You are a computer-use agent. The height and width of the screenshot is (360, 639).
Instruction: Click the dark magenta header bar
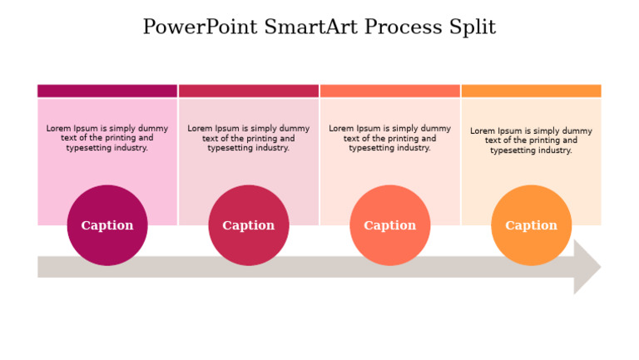(107, 91)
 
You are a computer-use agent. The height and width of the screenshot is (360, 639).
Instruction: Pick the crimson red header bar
(249, 91)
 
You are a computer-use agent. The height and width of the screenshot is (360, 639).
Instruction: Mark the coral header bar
(390, 91)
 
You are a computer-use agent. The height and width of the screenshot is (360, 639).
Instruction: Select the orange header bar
(532, 91)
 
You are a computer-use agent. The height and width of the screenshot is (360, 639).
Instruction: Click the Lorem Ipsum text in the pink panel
(107, 138)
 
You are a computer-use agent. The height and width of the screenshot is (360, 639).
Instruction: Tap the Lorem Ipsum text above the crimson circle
(249, 138)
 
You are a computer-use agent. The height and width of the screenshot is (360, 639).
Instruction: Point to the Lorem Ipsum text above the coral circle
(390, 138)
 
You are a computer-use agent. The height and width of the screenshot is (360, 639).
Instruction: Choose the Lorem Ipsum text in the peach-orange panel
(532, 141)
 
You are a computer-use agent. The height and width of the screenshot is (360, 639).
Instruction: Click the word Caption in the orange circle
(532, 225)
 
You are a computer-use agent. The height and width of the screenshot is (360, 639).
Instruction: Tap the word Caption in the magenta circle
(107, 225)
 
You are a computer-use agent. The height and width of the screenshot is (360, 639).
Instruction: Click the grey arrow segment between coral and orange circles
(461, 267)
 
